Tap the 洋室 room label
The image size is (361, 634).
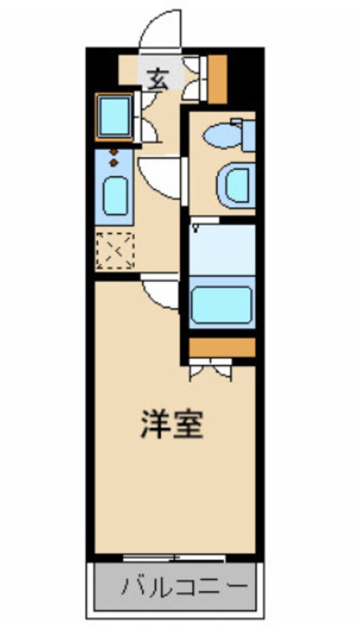coord(173,424)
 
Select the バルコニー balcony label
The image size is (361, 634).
coord(185,586)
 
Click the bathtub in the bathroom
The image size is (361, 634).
coord(221,305)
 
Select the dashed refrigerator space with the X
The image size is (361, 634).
coord(115,250)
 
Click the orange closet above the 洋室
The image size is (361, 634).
coord(222,347)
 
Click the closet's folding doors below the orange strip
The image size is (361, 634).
coord(210,369)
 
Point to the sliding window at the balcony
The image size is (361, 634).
coord(174,558)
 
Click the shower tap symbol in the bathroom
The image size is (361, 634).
coord(196,227)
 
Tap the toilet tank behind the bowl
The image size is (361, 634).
coord(247,136)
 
